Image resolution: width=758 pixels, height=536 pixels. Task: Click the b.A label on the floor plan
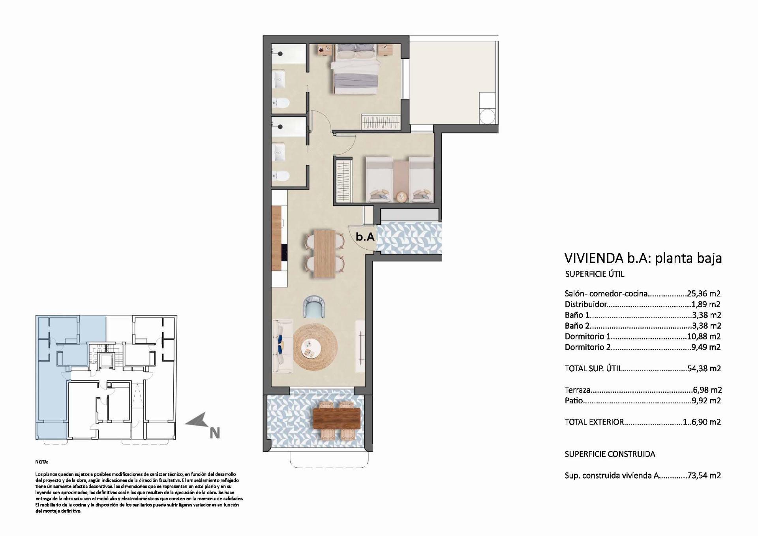pyautogui.click(x=365, y=237)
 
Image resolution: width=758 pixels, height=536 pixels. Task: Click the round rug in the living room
pyautogui.click(x=315, y=347)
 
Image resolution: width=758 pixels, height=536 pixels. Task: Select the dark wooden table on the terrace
pyautogui.click(x=336, y=419)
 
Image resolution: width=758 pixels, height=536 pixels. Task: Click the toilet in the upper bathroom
pyautogui.click(x=281, y=103)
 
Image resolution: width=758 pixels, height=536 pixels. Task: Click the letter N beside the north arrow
pyautogui.click(x=214, y=433)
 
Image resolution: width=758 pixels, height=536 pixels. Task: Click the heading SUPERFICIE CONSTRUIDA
pyautogui.click(x=610, y=454)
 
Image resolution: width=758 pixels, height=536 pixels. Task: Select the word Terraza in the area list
pyautogui.click(x=578, y=390)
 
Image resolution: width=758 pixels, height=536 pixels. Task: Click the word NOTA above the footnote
pyautogui.click(x=41, y=462)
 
